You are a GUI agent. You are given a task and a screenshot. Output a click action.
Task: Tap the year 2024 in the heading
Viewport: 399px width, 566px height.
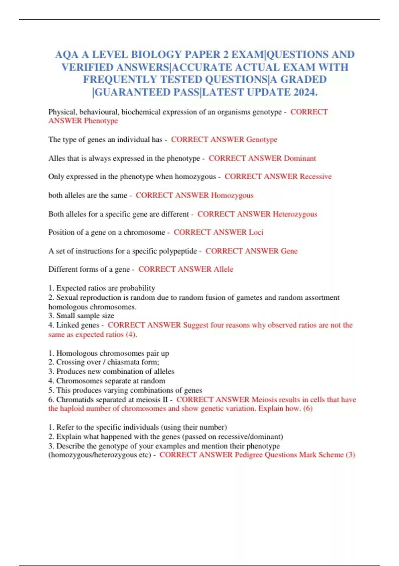pyautogui.click(x=305, y=92)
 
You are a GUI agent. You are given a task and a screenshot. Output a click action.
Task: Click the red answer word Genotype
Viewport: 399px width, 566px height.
pyautogui.click(x=262, y=140)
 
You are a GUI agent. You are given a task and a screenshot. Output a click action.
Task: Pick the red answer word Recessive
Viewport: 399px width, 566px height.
pyautogui.click(x=316, y=176)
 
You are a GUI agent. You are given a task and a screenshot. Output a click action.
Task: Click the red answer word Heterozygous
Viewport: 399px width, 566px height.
pyautogui.click(x=295, y=214)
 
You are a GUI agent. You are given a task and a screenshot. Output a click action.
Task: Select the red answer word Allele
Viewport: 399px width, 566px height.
pyautogui.click(x=223, y=269)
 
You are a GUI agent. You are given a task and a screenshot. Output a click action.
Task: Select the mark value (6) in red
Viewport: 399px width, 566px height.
pyautogui.click(x=308, y=409)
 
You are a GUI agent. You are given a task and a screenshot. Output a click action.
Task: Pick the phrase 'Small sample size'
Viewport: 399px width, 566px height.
pyautogui.click(x=85, y=316)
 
